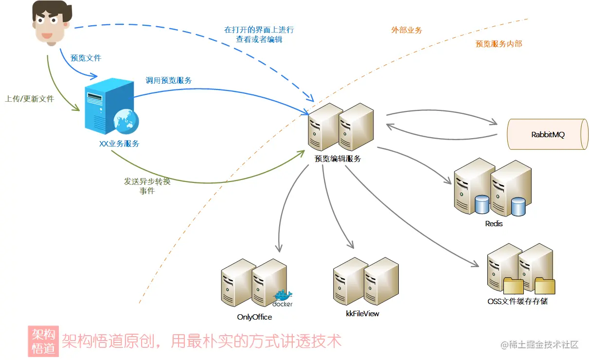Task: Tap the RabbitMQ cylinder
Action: (547, 134)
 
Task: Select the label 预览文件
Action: (86, 58)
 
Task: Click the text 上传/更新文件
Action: (29, 98)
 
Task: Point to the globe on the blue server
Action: (125, 120)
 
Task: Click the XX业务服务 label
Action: (119, 144)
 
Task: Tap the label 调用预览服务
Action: (169, 80)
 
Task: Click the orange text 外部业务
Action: (407, 30)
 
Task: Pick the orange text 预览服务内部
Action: (499, 44)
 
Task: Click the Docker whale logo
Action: (283, 296)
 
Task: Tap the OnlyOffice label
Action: (254, 317)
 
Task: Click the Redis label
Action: (494, 224)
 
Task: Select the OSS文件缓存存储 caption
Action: (518, 301)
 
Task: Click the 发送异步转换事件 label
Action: (147, 186)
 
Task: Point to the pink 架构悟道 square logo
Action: (43, 341)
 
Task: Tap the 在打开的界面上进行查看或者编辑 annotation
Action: (259, 35)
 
